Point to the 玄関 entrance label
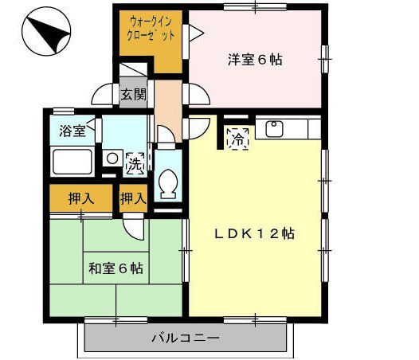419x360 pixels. (x=133, y=95)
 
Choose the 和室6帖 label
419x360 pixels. (x=116, y=268)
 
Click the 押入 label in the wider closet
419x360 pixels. (x=80, y=199)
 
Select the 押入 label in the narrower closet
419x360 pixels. (x=134, y=199)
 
